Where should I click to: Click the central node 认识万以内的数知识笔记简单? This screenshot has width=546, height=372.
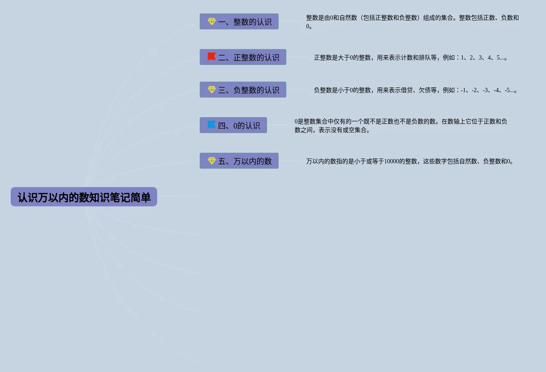tap(84, 197)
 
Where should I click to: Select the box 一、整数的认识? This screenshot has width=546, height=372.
tap(239, 21)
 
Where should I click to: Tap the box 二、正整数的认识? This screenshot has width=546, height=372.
tap(243, 57)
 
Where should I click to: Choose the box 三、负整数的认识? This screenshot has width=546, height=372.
tap(243, 90)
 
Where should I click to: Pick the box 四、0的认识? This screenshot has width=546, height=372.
tap(233, 125)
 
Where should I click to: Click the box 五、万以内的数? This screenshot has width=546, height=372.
tap(239, 161)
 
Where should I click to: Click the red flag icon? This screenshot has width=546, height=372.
tap(212, 57)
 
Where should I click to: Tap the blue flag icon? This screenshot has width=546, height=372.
tap(212, 125)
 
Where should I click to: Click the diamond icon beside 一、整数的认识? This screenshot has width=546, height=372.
tap(212, 21)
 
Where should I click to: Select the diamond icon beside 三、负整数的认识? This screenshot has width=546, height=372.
tap(212, 89)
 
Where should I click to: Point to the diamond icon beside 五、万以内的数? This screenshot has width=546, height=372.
tap(212, 160)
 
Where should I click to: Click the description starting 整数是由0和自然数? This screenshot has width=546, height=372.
tap(412, 22)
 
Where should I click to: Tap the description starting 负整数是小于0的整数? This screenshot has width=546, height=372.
tap(415, 90)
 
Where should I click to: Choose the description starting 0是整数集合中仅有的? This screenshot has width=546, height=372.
tap(401, 126)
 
